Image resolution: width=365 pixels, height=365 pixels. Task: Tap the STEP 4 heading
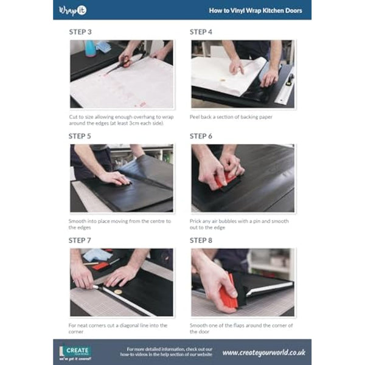tap(201, 32)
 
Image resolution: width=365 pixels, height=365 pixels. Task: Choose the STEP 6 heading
tap(201, 136)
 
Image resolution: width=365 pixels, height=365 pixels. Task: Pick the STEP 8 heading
tap(201, 240)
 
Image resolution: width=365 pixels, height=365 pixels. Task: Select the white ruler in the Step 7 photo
tap(125, 300)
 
